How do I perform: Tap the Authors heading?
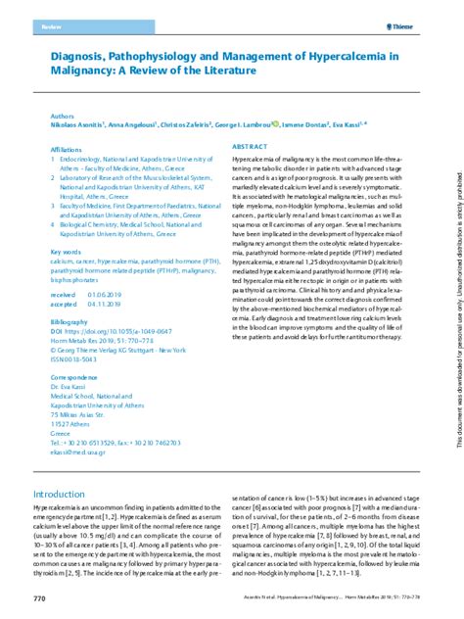click(62, 116)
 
